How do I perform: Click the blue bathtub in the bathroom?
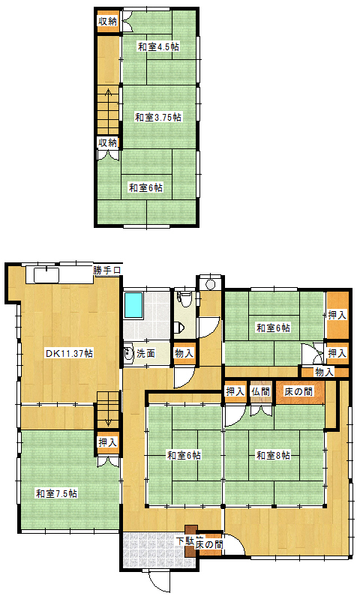click(x=133, y=305)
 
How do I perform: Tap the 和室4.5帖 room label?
click(x=158, y=47)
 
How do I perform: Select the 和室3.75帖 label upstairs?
click(x=158, y=117)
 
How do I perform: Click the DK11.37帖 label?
click(x=69, y=353)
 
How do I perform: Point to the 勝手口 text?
click(x=107, y=270)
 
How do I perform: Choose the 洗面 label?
click(x=145, y=354)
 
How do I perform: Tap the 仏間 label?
click(x=261, y=392)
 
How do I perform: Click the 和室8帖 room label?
click(x=273, y=455)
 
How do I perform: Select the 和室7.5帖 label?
click(x=56, y=493)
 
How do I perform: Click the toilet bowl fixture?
click(x=186, y=298)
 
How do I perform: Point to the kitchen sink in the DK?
click(x=46, y=274)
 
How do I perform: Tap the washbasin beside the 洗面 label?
click(x=128, y=355)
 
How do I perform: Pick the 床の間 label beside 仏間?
click(x=298, y=391)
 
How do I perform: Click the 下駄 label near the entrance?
click(x=185, y=541)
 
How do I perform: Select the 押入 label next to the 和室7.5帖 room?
click(x=108, y=442)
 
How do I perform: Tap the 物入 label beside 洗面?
click(x=184, y=353)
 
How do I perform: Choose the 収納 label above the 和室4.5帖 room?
click(x=108, y=22)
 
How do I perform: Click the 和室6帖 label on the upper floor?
click(x=146, y=187)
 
